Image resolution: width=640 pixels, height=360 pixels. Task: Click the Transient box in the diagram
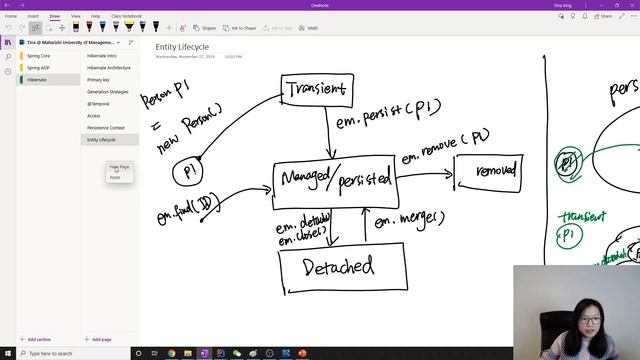point(316,90)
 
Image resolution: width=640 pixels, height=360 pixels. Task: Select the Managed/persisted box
point(334,180)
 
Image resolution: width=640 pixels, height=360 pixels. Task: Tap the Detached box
point(342,267)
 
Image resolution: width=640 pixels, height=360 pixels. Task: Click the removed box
point(488,172)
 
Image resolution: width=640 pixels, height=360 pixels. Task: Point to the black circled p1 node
point(188,172)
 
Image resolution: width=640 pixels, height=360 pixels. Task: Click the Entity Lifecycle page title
point(182,46)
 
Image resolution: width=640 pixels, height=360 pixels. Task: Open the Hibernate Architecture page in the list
point(108,68)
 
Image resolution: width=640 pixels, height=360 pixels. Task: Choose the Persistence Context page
point(105,128)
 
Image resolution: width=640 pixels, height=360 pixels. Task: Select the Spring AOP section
point(39,68)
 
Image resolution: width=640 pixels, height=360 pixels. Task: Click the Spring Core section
point(39,56)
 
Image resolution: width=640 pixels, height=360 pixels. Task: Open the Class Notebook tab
point(126,16)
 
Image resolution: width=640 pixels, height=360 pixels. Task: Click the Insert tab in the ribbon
point(33,16)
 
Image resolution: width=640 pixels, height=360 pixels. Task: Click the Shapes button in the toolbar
point(205,28)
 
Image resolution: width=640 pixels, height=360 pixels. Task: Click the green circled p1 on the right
point(568,162)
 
